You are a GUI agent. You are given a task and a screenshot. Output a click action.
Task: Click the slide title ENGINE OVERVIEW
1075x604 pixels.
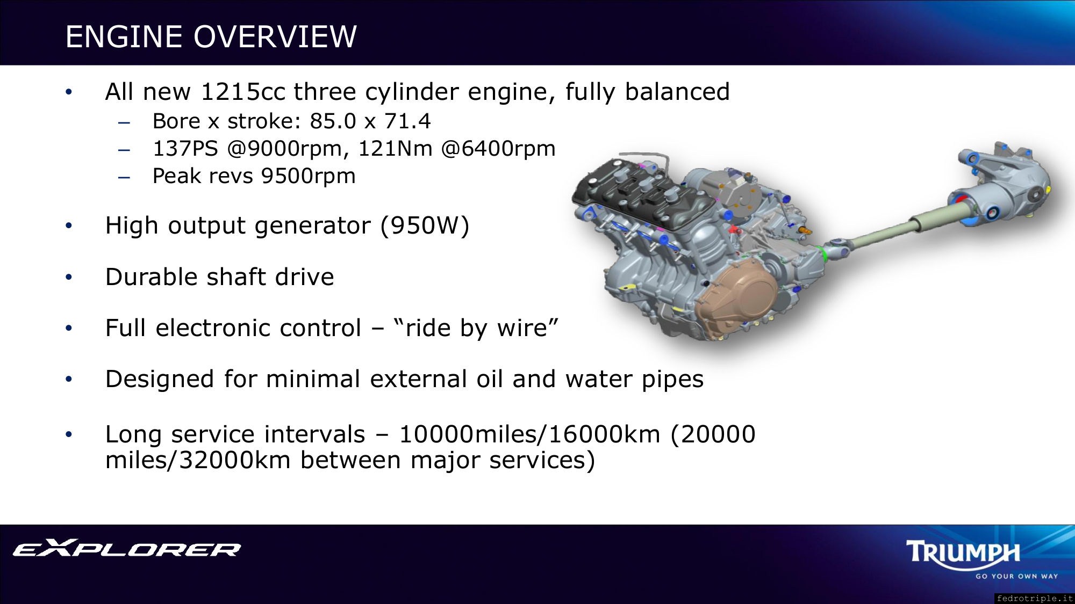[x=211, y=37]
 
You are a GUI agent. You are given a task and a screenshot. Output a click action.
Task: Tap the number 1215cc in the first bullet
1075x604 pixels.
[x=243, y=92]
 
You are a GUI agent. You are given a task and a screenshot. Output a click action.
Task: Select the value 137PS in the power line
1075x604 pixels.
[x=185, y=149]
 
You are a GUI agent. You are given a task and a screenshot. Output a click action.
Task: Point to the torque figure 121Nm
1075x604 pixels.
[x=395, y=149]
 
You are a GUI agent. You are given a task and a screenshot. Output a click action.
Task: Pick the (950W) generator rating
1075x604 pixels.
[x=425, y=225]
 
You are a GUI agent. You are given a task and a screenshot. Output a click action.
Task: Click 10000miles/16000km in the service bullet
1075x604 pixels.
[x=529, y=434]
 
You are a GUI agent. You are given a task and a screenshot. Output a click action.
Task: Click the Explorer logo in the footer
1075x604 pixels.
[x=127, y=548]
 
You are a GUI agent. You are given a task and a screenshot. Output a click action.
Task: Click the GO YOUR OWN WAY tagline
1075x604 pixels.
[x=1016, y=576]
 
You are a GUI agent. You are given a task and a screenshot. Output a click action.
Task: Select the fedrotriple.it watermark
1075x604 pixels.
[x=1034, y=598]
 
